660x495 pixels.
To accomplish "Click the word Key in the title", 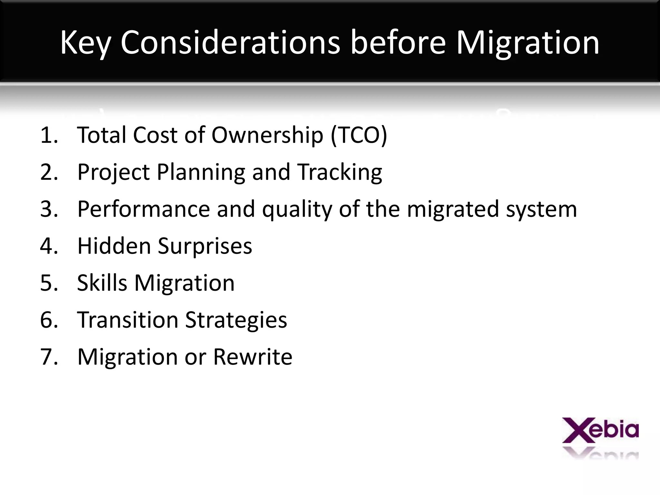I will [x=85, y=43].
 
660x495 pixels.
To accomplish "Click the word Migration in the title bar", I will [x=528, y=43].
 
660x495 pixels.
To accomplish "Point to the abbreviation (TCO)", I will [x=359, y=135].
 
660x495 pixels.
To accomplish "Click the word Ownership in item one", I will [x=267, y=135].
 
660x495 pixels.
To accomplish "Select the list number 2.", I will [x=49, y=172].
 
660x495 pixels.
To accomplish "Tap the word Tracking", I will [x=340, y=172].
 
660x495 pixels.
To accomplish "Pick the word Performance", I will [x=144, y=209].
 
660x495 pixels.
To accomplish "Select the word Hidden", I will [x=114, y=246].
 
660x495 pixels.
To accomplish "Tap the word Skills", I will [x=102, y=283].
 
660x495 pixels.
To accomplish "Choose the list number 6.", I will [x=49, y=320].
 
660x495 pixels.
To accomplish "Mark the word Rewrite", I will [x=253, y=357].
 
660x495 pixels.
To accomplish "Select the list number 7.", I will [x=49, y=357].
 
